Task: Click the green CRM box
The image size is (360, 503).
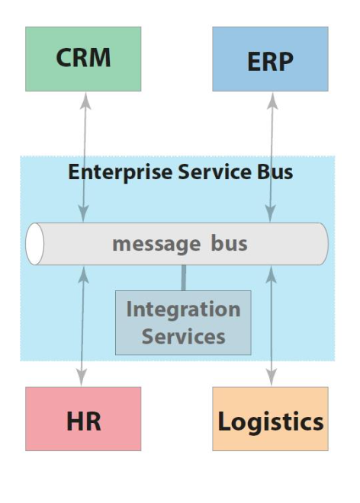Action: pos(83,59)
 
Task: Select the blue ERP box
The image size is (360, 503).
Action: pos(270,59)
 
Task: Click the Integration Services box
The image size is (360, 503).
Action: pos(183,322)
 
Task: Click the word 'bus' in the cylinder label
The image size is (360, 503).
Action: pos(229,244)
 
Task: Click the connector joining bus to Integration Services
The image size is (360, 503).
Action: pos(183,277)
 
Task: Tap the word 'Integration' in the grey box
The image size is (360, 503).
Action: pos(183,310)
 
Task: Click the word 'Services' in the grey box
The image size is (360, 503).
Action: pos(184,336)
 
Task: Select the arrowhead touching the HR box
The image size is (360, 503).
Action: pos(83,379)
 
